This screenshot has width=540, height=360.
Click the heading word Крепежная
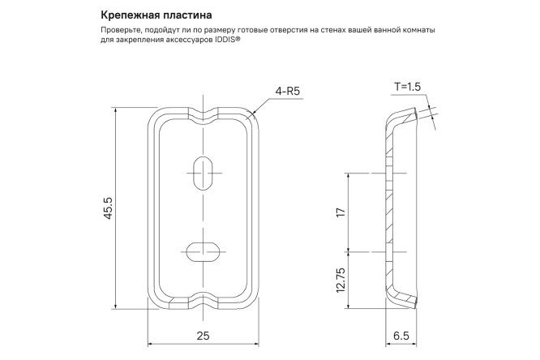pyautogui.click(x=126, y=15)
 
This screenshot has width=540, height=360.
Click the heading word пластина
pyautogui.click(x=184, y=15)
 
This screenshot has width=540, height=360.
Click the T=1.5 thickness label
pyautogui.click(x=408, y=86)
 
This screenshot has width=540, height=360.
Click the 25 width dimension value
pyautogui.click(x=203, y=335)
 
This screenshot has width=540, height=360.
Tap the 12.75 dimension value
pyautogui.click(x=341, y=280)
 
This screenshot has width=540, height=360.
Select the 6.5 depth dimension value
pyautogui.click(x=401, y=335)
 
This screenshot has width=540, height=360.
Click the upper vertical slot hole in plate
pyautogui.click(x=203, y=172)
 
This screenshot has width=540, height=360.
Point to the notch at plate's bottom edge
pyautogui.click(x=203, y=302)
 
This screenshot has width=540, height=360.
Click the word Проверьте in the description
pyautogui.click(x=126, y=30)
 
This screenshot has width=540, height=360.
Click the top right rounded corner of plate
pyautogui.click(x=251, y=116)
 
